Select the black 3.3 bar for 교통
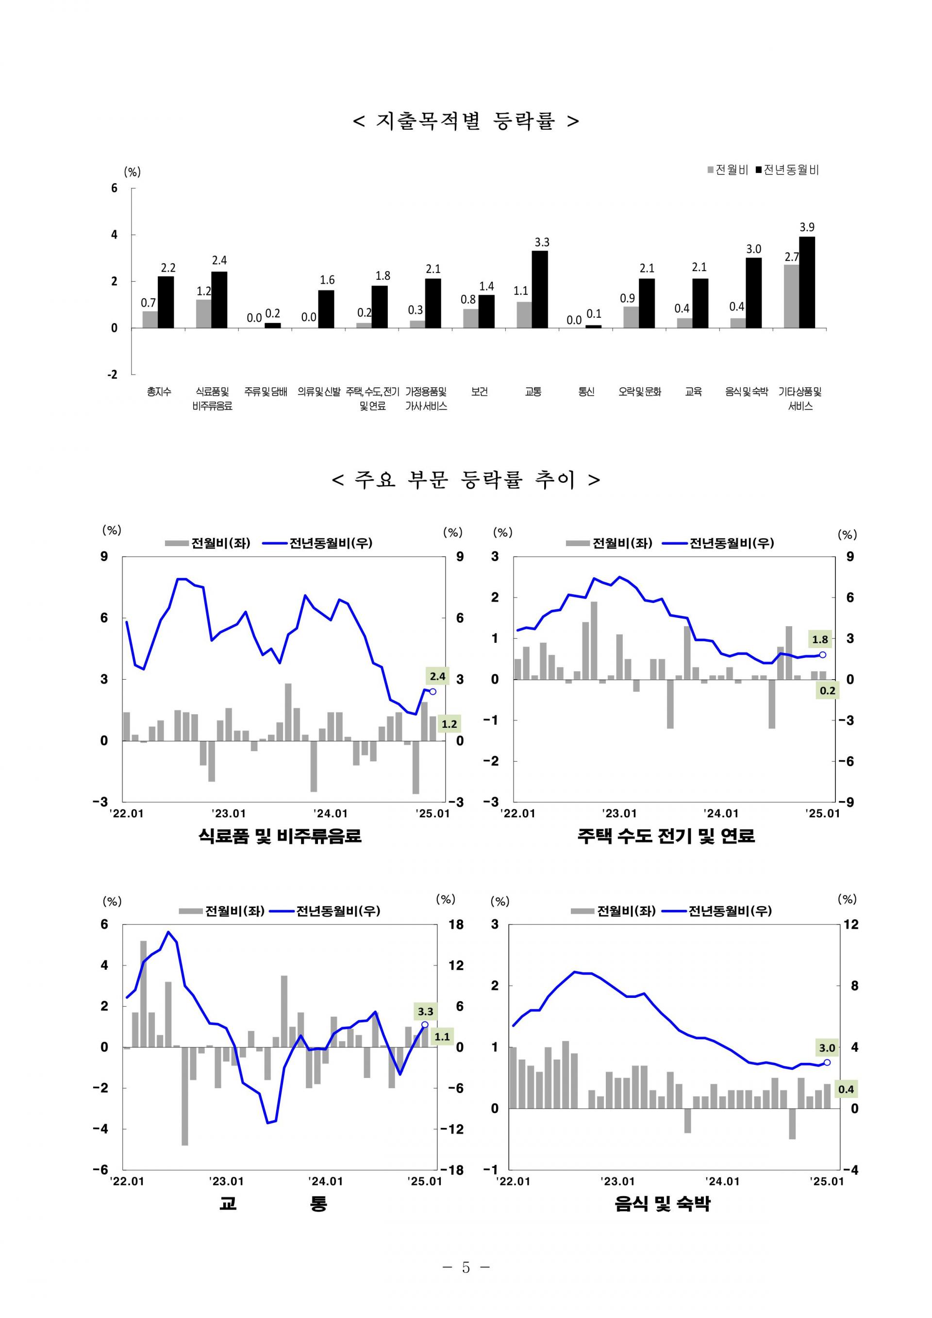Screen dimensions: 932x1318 coord(539,290)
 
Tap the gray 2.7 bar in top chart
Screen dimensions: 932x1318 coord(791,296)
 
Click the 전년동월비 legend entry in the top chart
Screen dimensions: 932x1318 coord(787,170)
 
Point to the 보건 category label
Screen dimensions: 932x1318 coord(479,392)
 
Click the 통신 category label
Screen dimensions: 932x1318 coord(586,392)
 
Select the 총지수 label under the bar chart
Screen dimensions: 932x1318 coord(159,392)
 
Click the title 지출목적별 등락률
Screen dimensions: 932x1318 coord(466,121)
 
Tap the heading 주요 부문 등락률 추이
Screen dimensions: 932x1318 coord(466,479)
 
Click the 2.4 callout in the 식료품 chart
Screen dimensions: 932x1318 coord(438,677)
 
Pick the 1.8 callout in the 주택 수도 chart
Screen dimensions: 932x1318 coord(820,639)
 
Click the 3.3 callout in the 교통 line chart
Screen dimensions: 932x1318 coord(425,1011)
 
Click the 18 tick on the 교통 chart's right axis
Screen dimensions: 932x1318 coord(456,924)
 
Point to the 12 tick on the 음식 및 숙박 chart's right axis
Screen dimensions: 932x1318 coord(851,924)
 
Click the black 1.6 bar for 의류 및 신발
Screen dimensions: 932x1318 coord(326,309)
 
